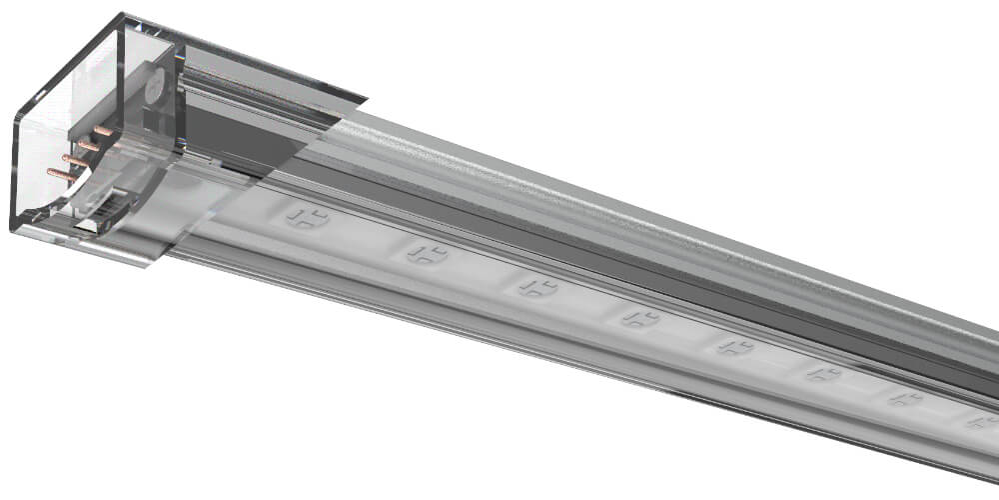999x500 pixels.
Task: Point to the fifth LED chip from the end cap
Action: (x=734, y=347)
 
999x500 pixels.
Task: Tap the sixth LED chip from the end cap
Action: (x=823, y=374)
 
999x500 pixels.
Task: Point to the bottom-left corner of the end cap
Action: (x=13, y=229)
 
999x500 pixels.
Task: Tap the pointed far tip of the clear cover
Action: (x=366, y=99)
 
